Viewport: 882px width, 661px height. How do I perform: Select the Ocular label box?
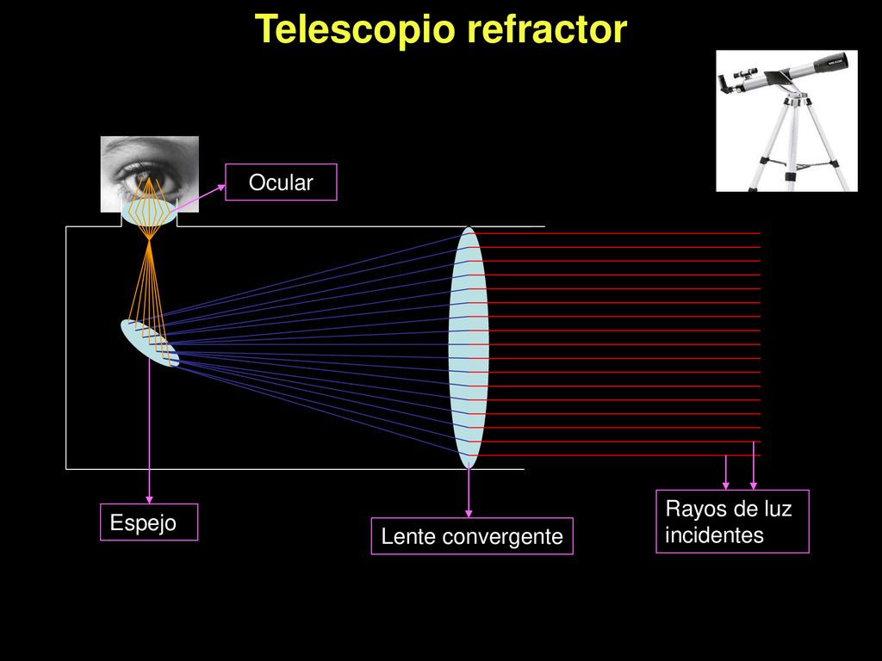point(281,182)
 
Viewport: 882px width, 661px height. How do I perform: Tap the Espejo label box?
point(149,522)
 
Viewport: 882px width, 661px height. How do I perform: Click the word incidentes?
point(714,534)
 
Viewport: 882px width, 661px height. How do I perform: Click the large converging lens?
point(469,348)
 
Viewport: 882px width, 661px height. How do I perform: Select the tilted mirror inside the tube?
point(150,343)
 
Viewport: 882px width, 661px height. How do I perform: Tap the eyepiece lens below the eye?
point(148,213)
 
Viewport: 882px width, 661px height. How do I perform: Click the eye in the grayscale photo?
point(147,182)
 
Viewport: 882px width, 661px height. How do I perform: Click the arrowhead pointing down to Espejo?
point(149,500)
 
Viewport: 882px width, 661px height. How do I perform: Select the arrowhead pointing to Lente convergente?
point(469,513)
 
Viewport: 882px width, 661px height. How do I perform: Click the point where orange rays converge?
point(149,240)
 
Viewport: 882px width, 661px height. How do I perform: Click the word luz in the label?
point(778,509)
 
